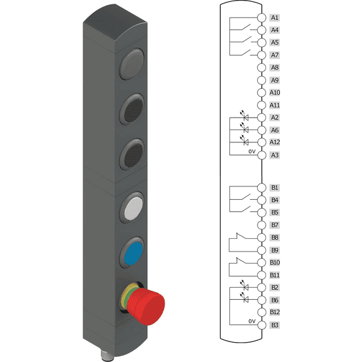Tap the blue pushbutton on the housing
[x=133, y=253]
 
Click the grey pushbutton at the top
[x=132, y=64]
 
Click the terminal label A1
[x=275, y=17]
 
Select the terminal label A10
[x=275, y=92]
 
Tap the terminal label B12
[x=275, y=312]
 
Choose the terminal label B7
[x=275, y=225]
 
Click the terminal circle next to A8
[x=262, y=68]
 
